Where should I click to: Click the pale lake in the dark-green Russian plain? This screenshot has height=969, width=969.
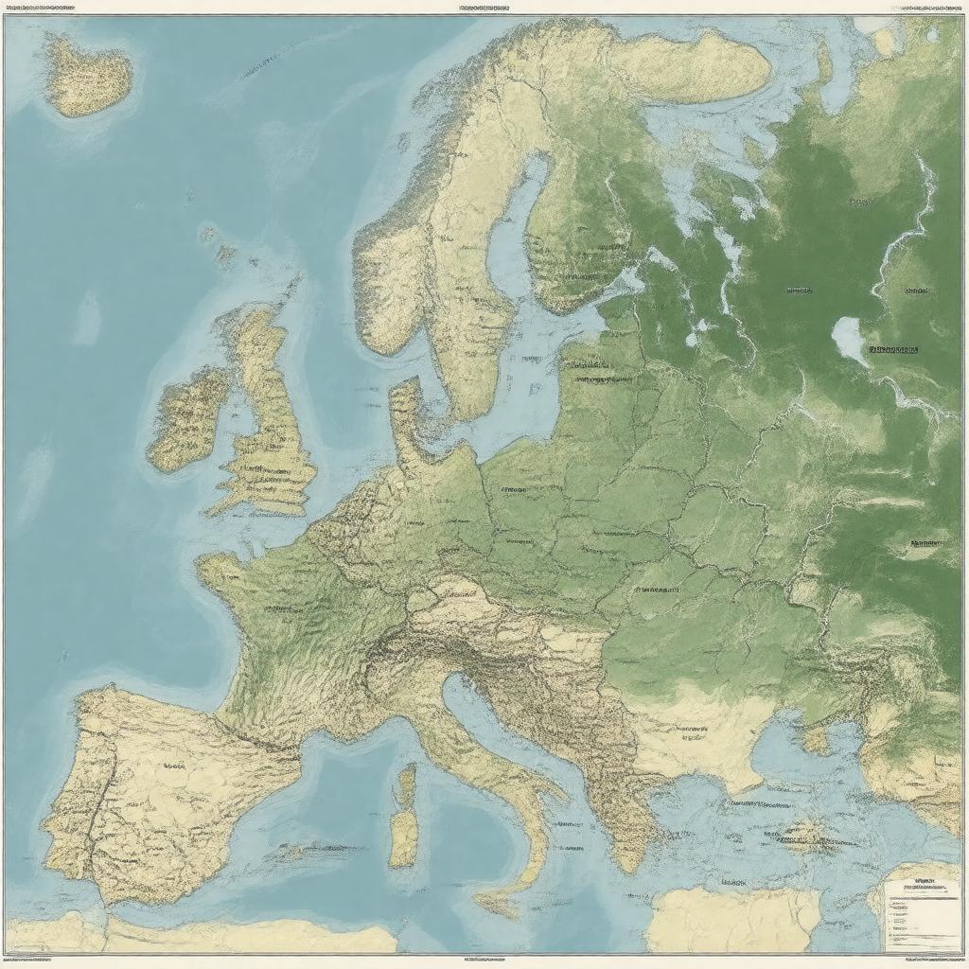849,339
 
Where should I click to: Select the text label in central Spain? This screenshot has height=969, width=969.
174,766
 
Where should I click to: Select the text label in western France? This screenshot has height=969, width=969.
274,609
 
